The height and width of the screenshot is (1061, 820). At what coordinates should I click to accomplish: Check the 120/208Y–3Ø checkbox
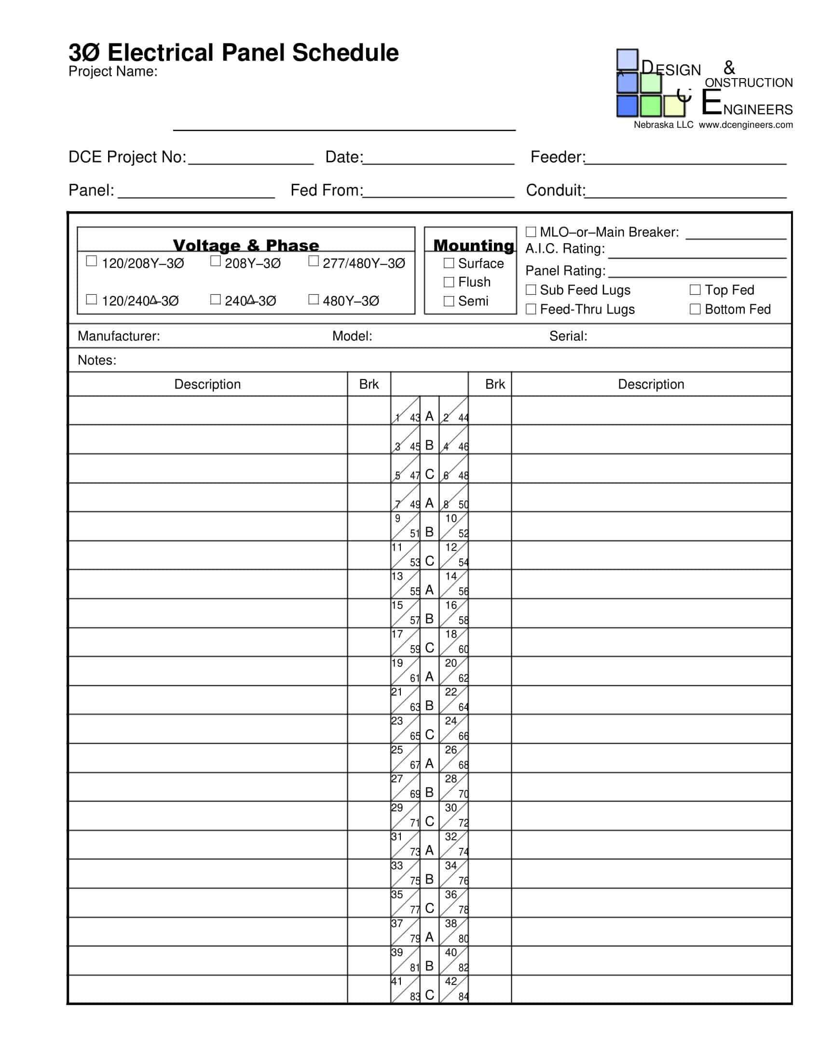click(x=91, y=261)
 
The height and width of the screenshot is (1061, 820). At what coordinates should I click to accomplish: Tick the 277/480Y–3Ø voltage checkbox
click(x=314, y=261)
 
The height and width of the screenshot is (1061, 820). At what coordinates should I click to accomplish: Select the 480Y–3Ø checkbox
click(x=314, y=299)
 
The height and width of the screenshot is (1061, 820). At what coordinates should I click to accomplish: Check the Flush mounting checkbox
click(x=449, y=282)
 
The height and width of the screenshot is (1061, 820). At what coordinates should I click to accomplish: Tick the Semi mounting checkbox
click(x=449, y=301)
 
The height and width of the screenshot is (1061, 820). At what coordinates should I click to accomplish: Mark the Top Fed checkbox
click(x=695, y=290)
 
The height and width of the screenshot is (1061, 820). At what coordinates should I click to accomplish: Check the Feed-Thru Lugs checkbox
click(x=531, y=309)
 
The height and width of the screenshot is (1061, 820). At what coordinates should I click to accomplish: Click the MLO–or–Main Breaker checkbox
click(x=531, y=231)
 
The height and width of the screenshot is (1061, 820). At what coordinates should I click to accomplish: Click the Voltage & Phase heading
click(x=246, y=245)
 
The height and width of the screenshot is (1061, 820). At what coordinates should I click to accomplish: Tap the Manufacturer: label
click(x=119, y=336)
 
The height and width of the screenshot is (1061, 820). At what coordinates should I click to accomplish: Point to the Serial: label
click(x=568, y=336)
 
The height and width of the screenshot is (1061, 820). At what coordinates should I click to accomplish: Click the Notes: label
click(x=96, y=360)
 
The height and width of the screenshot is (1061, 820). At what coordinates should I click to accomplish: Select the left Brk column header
click(x=369, y=384)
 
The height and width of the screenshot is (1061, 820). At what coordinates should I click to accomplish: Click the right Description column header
click(x=651, y=384)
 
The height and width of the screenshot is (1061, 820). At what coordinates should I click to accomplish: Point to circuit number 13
click(x=397, y=577)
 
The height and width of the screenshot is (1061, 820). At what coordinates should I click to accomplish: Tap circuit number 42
click(x=451, y=981)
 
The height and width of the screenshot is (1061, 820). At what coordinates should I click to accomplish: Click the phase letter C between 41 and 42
click(x=429, y=995)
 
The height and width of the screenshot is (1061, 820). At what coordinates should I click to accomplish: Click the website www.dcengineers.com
click(x=746, y=125)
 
